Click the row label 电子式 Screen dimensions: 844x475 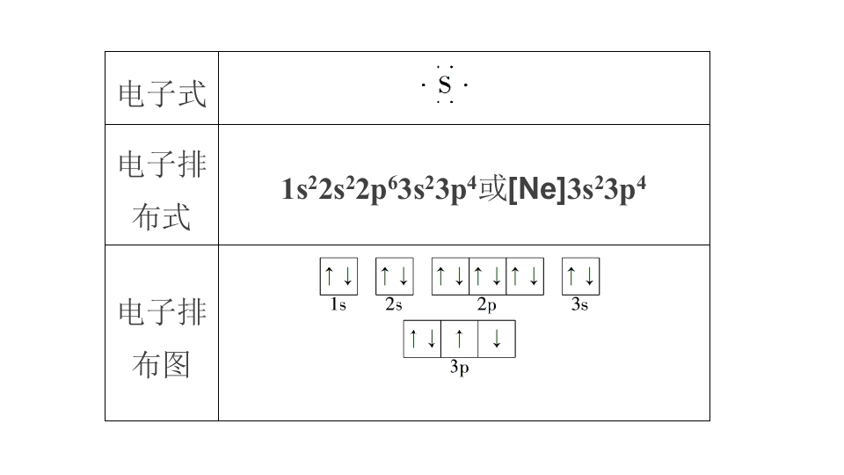[x=162, y=94]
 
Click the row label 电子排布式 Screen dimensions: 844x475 [x=162, y=190]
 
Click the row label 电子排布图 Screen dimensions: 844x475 [x=162, y=338]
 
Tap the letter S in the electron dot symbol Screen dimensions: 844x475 [x=445, y=85]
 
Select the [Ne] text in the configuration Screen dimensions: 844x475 [x=537, y=189]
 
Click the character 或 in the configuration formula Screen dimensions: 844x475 [x=492, y=189]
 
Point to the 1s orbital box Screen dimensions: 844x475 [x=338, y=276]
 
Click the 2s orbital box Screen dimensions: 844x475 [x=395, y=276]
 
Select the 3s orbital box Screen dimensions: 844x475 [x=581, y=276]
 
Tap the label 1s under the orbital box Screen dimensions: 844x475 [x=338, y=305]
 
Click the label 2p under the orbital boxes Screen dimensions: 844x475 [x=486, y=305]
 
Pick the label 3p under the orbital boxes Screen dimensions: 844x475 [x=459, y=368]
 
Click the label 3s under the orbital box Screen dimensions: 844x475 [x=579, y=305]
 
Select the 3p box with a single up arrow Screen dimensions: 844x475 [x=459, y=339]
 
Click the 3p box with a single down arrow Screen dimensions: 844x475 [x=497, y=339]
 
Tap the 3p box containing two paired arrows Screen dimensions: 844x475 [x=422, y=339]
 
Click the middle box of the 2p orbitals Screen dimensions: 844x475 [x=488, y=276]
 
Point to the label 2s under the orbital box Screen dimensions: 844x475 [x=394, y=305]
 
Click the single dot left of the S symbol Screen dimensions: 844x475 [x=424, y=85]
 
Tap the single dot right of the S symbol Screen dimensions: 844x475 [x=466, y=85]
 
